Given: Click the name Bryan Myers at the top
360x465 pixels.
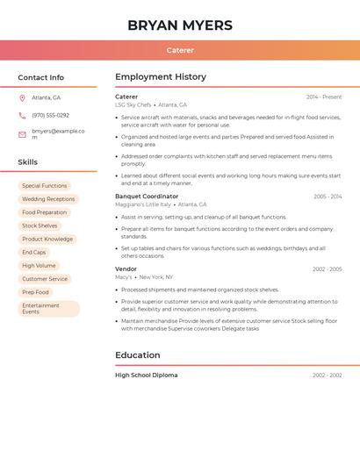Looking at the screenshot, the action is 180,25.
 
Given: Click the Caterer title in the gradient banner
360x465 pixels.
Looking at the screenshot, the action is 180,50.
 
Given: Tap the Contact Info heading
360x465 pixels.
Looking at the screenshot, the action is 40,77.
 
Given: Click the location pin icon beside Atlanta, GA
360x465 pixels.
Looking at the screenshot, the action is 22,97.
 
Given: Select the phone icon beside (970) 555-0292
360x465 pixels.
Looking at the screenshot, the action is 22,115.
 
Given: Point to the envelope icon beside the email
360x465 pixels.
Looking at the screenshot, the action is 22,134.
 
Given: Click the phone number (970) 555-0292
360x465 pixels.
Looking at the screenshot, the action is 50,115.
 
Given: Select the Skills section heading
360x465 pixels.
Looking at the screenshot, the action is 27,161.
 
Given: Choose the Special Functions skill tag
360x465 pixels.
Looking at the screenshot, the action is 44,186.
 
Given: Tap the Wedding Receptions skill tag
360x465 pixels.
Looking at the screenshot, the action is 48,199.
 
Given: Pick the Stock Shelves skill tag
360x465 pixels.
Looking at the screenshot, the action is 40,225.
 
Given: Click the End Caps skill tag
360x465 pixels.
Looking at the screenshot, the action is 33,252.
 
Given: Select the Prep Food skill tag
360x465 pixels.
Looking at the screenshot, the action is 35,292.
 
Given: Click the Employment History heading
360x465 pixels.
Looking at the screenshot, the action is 161,77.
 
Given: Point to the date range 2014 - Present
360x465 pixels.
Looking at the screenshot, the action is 324,97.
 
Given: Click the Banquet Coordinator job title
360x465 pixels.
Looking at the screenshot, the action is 147,197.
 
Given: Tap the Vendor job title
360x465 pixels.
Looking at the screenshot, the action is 126,269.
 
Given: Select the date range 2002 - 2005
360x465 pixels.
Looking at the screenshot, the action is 327,269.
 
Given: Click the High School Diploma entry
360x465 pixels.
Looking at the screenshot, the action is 146,376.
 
